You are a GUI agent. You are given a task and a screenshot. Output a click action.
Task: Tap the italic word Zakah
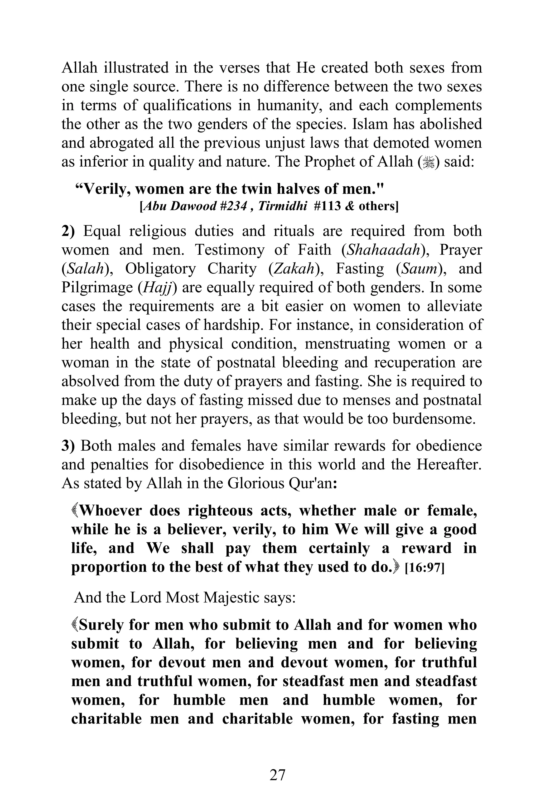[x=296, y=269]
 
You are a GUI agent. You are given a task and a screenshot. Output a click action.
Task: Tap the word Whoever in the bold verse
[x=110, y=511]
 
